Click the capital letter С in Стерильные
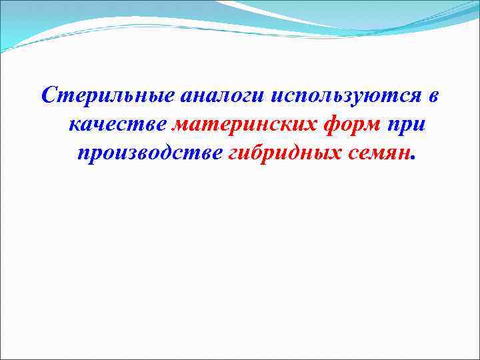point(49,96)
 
